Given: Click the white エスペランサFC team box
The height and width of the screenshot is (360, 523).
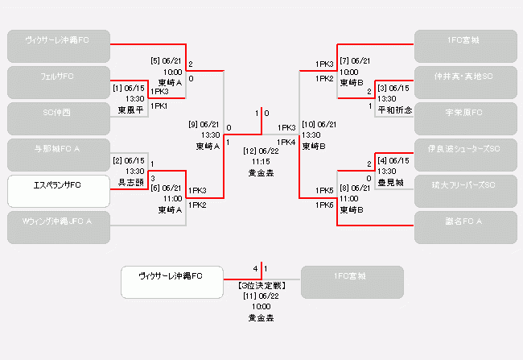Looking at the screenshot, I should [x=59, y=191].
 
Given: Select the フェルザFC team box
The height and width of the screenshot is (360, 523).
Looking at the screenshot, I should [x=59, y=82].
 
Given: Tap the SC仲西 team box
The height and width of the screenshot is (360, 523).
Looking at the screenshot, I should [x=59, y=118].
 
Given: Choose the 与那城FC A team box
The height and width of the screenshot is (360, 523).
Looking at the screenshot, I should [x=59, y=155].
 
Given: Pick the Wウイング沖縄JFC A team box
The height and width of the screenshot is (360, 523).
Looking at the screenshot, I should [x=59, y=227].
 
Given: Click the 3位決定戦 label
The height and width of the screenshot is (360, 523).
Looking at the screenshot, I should [x=261, y=285].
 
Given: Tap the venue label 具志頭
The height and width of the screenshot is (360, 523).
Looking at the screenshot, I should [x=132, y=182].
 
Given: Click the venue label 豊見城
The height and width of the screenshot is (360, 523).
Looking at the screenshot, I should [x=391, y=182].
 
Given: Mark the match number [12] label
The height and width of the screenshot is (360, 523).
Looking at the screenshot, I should [x=250, y=151].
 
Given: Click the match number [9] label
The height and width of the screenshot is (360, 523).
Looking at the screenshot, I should [x=194, y=124].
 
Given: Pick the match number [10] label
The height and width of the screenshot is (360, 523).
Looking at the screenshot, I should [x=308, y=124].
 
